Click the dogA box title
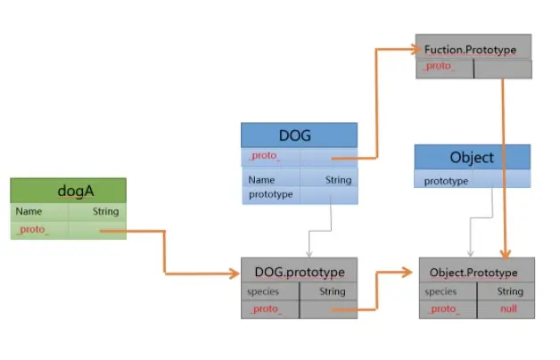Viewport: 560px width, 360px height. (68, 191)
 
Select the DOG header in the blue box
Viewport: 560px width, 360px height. (298, 135)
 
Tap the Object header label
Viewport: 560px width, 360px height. (472, 157)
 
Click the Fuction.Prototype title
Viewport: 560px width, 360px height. (473, 47)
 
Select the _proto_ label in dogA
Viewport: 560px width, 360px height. (32, 230)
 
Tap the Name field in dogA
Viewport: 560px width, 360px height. (29, 212)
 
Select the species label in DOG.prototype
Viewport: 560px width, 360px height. (263, 291)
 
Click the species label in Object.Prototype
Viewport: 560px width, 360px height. (441, 291)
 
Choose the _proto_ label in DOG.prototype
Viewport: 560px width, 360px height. (265, 308)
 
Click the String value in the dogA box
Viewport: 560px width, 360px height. (105, 212)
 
